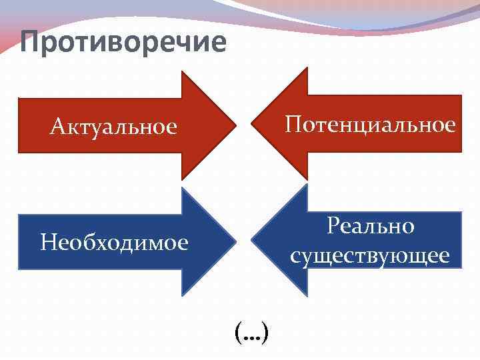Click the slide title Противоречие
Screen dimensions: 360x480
[123, 41]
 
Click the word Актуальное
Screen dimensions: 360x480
[114, 126]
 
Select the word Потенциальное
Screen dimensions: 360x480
[371, 124]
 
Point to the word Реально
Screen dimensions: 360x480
[371, 226]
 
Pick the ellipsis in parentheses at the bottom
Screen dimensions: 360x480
[251, 331]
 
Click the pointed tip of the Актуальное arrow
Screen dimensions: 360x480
[235, 125]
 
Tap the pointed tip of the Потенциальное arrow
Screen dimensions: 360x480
[251, 124]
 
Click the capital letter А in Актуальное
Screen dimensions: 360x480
[57, 126]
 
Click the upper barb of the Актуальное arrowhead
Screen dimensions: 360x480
[183, 73]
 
